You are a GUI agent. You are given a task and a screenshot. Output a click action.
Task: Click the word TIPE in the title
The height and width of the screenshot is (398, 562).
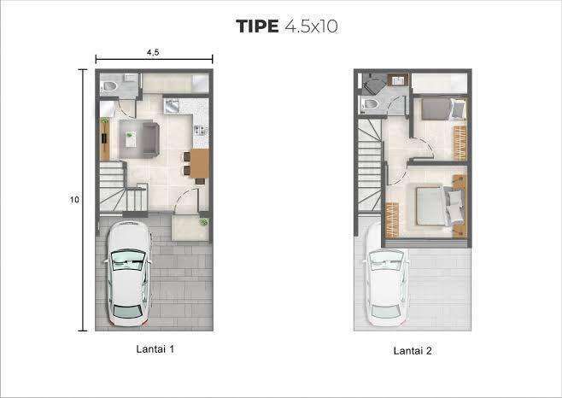(x=257, y=26)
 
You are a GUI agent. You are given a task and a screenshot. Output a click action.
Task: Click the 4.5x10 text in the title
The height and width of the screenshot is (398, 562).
(x=311, y=26)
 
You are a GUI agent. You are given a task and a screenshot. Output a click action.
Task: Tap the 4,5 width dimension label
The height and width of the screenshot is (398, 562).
(x=153, y=52)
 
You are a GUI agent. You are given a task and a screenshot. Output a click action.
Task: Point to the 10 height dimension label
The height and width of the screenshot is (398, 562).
(x=74, y=199)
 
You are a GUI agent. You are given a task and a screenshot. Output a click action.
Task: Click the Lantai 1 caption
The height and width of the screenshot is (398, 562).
(x=155, y=348)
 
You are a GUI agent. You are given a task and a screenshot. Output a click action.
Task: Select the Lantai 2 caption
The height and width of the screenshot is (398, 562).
(x=413, y=351)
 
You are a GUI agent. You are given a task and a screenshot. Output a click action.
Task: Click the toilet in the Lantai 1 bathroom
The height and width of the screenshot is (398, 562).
(x=109, y=86)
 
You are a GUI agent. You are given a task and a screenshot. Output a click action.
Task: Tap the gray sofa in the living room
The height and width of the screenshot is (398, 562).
(x=151, y=139)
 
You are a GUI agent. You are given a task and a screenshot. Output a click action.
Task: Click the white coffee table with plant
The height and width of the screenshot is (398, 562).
(x=131, y=139)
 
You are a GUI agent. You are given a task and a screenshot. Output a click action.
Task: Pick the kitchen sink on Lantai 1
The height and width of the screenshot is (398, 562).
(x=172, y=106)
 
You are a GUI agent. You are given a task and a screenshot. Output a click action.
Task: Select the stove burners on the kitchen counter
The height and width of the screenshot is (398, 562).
(x=201, y=131)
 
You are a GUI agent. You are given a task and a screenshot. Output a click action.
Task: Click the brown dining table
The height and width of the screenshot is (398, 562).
(x=200, y=163)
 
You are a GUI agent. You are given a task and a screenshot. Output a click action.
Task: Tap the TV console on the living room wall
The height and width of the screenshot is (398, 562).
(x=105, y=138)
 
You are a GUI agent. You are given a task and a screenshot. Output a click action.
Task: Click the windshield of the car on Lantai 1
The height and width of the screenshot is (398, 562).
(x=128, y=260)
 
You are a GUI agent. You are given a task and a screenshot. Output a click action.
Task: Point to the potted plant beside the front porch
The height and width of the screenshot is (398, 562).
(x=203, y=222)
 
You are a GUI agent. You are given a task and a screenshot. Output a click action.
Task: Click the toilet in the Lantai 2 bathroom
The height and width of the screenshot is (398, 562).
(x=371, y=104)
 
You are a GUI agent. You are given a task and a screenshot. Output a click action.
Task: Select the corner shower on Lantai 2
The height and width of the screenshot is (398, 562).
(x=375, y=84)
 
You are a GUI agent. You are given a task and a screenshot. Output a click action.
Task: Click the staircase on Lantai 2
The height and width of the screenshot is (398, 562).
(x=370, y=165)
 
